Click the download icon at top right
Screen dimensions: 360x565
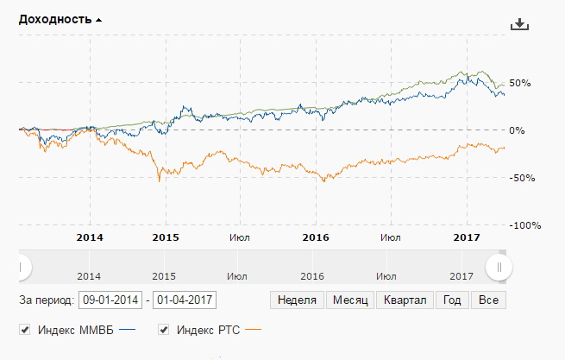(518, 23)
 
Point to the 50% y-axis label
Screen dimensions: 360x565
(520, 83)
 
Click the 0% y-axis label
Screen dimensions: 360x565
(517, 130)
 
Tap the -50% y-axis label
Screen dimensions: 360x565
(520, 178)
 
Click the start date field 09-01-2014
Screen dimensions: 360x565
(110, 300)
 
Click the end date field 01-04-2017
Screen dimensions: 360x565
(184, 300)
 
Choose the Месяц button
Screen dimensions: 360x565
(351, 300)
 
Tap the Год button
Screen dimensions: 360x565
(452, 300)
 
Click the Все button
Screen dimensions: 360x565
(488, 300)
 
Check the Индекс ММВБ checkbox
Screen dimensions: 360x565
(25, 330)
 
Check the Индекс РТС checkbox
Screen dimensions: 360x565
(164, 330)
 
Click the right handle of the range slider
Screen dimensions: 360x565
(498, 268)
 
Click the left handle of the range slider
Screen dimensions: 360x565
(20, 268)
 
